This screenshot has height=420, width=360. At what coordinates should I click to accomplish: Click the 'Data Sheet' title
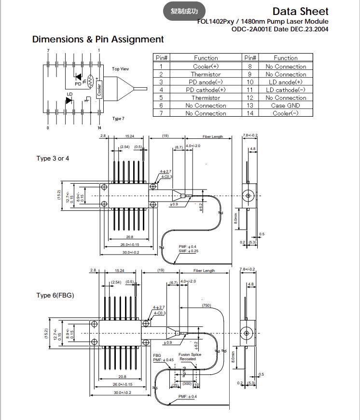[x=300, y=11]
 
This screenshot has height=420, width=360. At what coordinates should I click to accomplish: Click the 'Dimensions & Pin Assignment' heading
[x=98, y=40]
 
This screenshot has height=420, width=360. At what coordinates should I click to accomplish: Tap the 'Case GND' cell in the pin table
[x=286, y=106]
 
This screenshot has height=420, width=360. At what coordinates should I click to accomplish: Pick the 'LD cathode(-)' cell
[x=286, y=90]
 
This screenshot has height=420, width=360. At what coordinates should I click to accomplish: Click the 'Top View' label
[x=121, y=69]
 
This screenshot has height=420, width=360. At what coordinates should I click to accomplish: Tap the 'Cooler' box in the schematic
[x=99, y=89]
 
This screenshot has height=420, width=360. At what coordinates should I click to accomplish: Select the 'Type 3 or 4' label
[x=53, y=158]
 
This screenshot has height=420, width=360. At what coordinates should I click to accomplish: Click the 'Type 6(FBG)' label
[x=55, y=295]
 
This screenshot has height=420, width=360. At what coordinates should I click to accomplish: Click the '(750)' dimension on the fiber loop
[x=207, y=306]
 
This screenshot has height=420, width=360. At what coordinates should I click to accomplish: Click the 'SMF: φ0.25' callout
[x=188, y=251]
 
